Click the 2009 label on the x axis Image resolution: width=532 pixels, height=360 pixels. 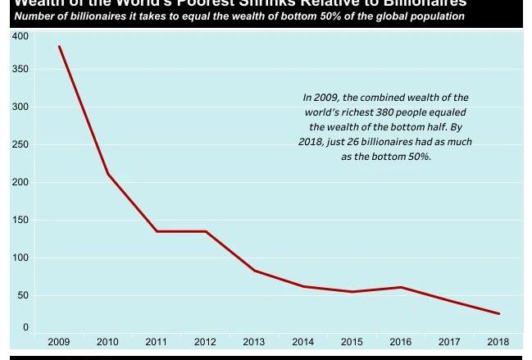click(x=58, y=341)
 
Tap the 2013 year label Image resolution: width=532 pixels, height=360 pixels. click(x=254, y=341)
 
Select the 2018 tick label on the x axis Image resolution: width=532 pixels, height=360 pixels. click(x=498, y=341)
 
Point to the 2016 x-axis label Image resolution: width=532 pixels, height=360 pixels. click(x=400, y=341)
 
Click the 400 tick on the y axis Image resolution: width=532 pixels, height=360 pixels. click(x=20, y=37)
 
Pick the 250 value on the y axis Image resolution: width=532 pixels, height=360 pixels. click(x=20, y=144)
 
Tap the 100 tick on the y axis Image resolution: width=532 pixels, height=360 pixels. click(x=20, y=257)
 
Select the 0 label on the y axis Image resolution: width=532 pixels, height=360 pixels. click(x=25, y=327)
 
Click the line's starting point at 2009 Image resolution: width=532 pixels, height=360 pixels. click(x=59, y=47)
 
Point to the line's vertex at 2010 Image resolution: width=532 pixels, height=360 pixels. click(x=107, y=174)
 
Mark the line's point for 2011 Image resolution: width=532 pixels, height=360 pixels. click(x=157, y=231)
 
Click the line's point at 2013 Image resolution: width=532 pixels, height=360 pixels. click(x=254, y=271)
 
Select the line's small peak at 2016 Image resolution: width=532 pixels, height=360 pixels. click(x=400, y=287)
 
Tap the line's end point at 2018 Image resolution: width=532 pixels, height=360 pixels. click(x=498, y=313)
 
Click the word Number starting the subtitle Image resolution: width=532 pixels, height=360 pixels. click(x=34, y=16)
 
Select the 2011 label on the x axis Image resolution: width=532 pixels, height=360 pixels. click(x=157, y=341)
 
